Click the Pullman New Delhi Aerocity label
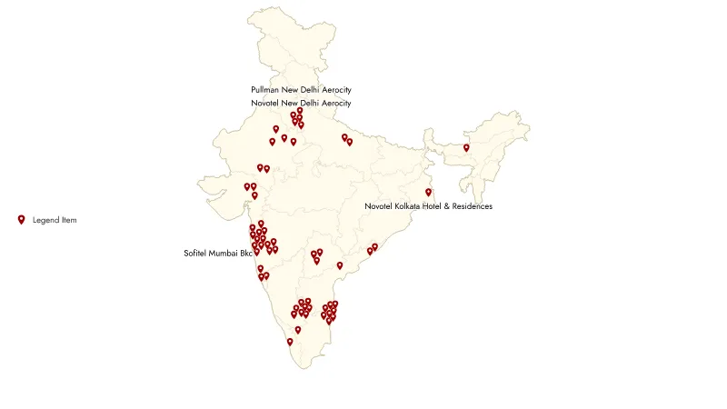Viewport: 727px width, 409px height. tap(301, 90)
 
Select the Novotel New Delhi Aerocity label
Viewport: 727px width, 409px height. tap(301, 104)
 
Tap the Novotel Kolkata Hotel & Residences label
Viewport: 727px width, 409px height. tap(428, 206)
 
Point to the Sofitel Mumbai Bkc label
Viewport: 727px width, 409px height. tap(217, 253)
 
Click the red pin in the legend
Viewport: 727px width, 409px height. tap(22, 219)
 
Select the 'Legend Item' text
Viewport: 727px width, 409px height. tap(55, 220)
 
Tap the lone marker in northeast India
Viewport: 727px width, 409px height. tap(466, 147)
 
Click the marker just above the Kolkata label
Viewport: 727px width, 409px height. tap(428, 192)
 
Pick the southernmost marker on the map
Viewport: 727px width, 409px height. tap(290, 342)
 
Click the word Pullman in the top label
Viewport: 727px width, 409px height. tap(265, 90)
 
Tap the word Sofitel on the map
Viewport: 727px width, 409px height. tap(195, 253)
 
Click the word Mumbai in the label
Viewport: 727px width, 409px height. tap(224, 253)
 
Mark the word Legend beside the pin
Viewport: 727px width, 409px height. tap(44, 220)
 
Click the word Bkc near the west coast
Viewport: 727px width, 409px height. tap(245, 253)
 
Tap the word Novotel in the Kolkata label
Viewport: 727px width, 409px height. tap(378, 206)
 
